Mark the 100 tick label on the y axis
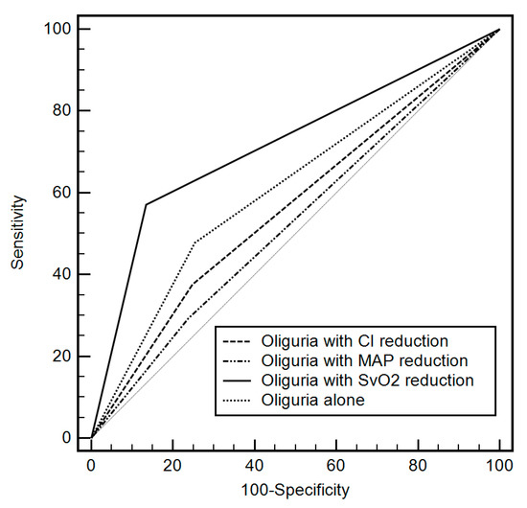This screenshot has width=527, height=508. pos(56,30)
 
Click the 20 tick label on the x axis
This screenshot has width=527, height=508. pos(172,465)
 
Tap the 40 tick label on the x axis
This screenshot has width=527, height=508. pos(254,465)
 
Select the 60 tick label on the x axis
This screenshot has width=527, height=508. pos(336,465)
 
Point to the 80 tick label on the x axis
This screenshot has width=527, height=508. pos(418,465)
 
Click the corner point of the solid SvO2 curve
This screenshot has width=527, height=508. pos(146,204)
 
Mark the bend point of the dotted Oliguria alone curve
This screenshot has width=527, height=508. pos(195,242)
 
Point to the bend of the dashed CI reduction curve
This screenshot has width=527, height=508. pos(193,284)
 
